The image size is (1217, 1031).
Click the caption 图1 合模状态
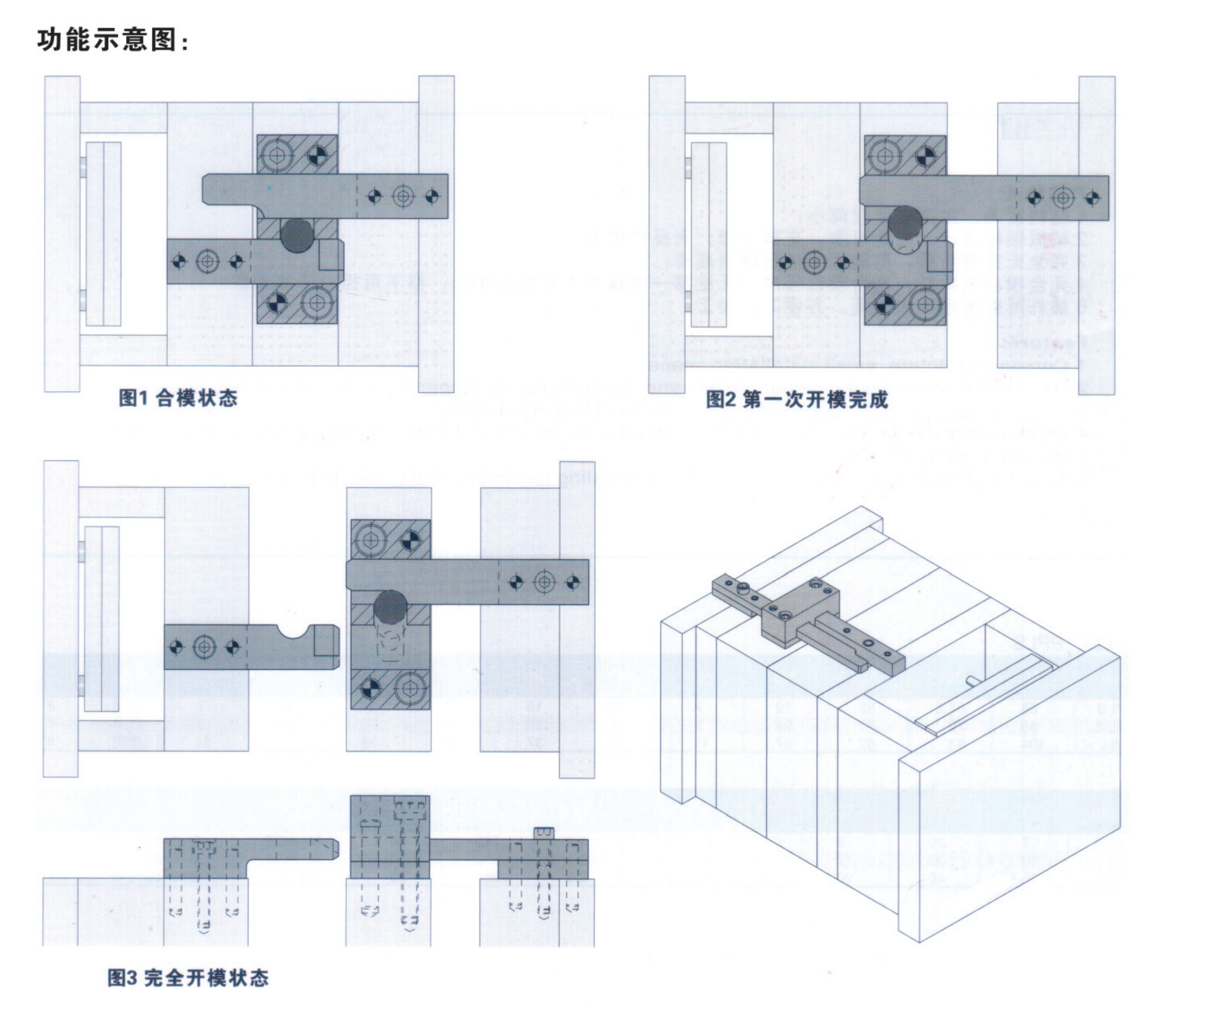[x=178, y=398]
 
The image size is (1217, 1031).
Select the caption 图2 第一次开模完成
[x=797, y=400]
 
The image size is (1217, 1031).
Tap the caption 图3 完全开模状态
[x=187, y=978]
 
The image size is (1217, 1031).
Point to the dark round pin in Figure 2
[x=905, y=223]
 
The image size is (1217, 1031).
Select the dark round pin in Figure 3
[x=390, y=607]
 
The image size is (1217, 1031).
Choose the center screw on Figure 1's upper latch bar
[x=404, y=196]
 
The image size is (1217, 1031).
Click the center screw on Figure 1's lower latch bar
[x=208, y=261]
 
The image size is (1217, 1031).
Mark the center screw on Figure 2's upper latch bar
[x=1063, y=198]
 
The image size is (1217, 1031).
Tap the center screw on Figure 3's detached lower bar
[x=204, y=647]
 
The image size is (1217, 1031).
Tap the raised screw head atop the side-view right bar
[x=544, y=833]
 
